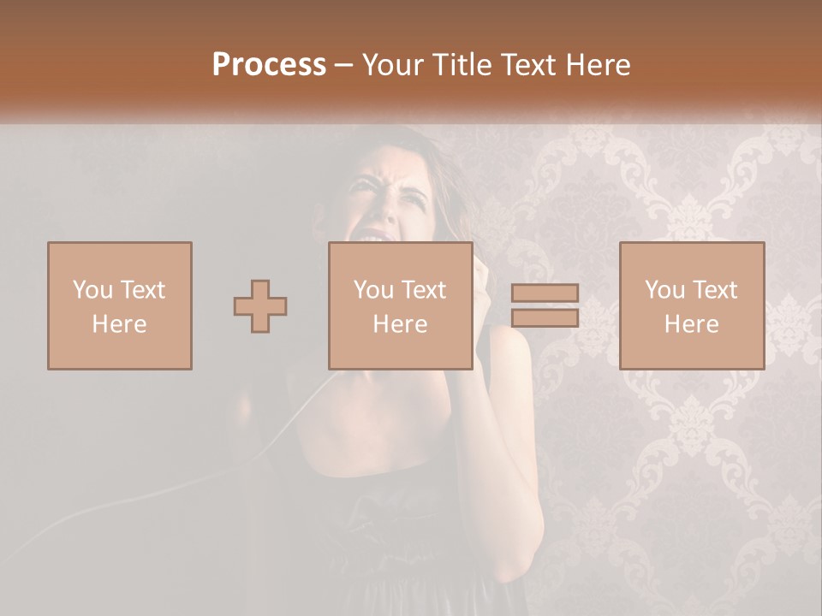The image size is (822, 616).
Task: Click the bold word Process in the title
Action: (269, 65)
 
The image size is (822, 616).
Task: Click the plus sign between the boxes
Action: (260, 306)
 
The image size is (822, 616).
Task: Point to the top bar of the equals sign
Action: (545, 293)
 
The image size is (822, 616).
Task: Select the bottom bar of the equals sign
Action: (545, 317)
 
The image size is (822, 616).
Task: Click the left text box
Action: (119, 305)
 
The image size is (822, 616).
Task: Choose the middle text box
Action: (400, 305)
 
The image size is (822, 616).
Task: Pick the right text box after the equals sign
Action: (691, 305)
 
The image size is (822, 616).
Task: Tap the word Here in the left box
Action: (119, 324)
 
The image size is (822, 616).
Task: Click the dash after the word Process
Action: (344, 65)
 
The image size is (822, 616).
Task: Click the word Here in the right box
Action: (691, 324)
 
